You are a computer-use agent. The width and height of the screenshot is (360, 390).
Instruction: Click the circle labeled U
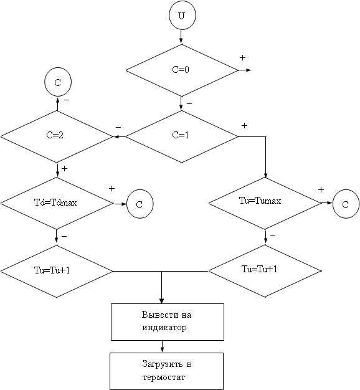[182, 16]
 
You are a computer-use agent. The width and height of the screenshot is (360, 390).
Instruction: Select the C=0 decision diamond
[182, 70]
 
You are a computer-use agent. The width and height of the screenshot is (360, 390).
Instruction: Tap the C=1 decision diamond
[182, 136]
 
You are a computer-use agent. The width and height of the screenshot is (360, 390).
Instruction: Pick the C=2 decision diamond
[57, 136]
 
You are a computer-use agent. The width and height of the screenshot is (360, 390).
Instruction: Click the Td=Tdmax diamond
[57, 203]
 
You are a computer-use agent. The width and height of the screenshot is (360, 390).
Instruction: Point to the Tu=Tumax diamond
[265, 203]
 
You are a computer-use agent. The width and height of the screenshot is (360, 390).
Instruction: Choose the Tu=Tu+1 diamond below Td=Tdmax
[57, 271]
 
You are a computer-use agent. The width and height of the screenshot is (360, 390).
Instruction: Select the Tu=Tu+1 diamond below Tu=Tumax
[265, 271]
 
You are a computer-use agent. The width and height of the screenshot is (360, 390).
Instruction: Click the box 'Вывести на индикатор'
[168, 322]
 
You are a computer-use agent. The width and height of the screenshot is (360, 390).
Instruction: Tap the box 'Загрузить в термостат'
[166, 371]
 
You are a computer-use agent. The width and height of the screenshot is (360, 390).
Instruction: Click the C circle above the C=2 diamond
[58, 82]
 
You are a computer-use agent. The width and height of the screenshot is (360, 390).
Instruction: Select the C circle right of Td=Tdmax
[140, 204]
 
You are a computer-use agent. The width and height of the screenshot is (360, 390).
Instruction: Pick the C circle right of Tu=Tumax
[346, 204]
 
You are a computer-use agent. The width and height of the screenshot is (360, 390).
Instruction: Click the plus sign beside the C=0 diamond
[242, 58]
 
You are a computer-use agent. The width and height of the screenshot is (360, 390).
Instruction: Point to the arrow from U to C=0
[181, 36]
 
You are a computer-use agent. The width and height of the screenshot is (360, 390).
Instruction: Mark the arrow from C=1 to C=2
[120, 136]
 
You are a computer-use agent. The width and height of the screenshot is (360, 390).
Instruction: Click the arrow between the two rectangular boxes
[162, 346]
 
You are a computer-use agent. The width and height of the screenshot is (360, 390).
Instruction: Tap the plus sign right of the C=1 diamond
[244, 126]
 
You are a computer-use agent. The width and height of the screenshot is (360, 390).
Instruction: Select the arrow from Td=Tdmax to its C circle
[120, 204]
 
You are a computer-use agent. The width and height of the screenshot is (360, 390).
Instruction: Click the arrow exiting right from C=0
[245, 70]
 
